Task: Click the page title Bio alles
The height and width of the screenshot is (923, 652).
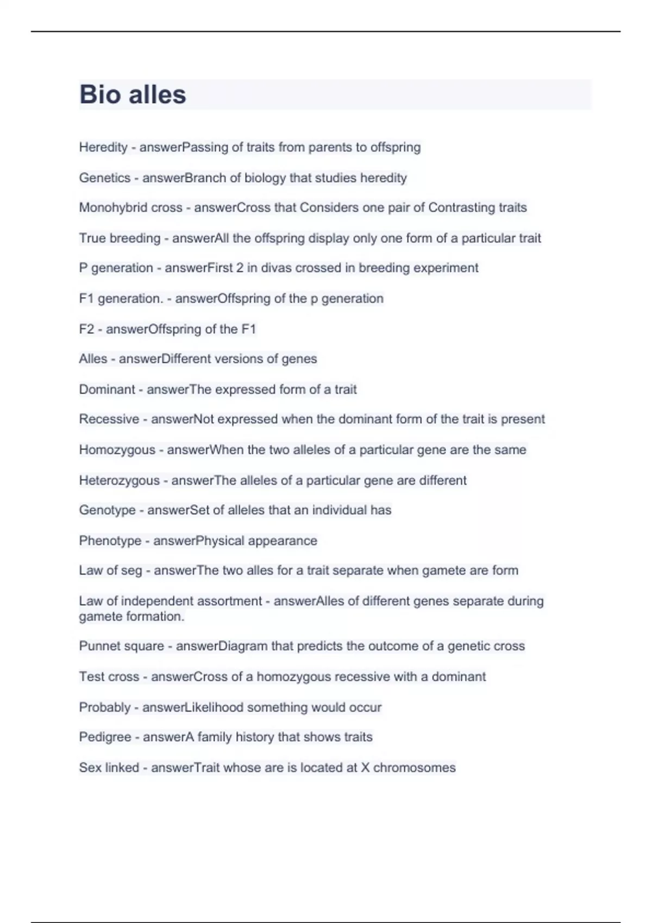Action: tap(133, 94)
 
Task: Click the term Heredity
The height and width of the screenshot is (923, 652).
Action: tap(103, 147)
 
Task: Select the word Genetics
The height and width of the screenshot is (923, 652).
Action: tap(105, 178)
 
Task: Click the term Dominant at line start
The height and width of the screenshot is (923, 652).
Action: tap(107, 389)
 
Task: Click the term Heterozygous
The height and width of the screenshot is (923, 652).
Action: tap(120, 481)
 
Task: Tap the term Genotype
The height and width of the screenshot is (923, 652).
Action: tap(108, 510)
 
